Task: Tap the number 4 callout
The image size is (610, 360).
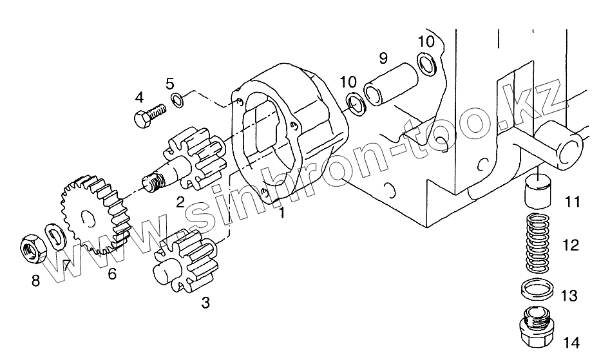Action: pyautogui.click(x=138, y=98)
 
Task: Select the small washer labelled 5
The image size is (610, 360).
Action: pyautogui.click(x=176, y=100)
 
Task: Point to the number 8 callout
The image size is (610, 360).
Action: pyautogui.click(x=35, y=280)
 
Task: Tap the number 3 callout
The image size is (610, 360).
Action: pyautogui.click(x=205, y=301)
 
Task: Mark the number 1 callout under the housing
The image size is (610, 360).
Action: pyautogui.click(x=281, y=213)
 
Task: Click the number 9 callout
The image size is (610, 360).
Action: pyautogui.click(x=383, y=59)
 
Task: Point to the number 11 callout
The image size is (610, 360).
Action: pyautogui.click(x=572, y=202)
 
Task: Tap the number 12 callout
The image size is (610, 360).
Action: pyautogui.click(x=570, y=245)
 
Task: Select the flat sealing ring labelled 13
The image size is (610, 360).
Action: pyautogui.click(x=536, y=290)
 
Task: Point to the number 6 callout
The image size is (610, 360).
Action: pyautogui.click(x=112, y=274)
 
